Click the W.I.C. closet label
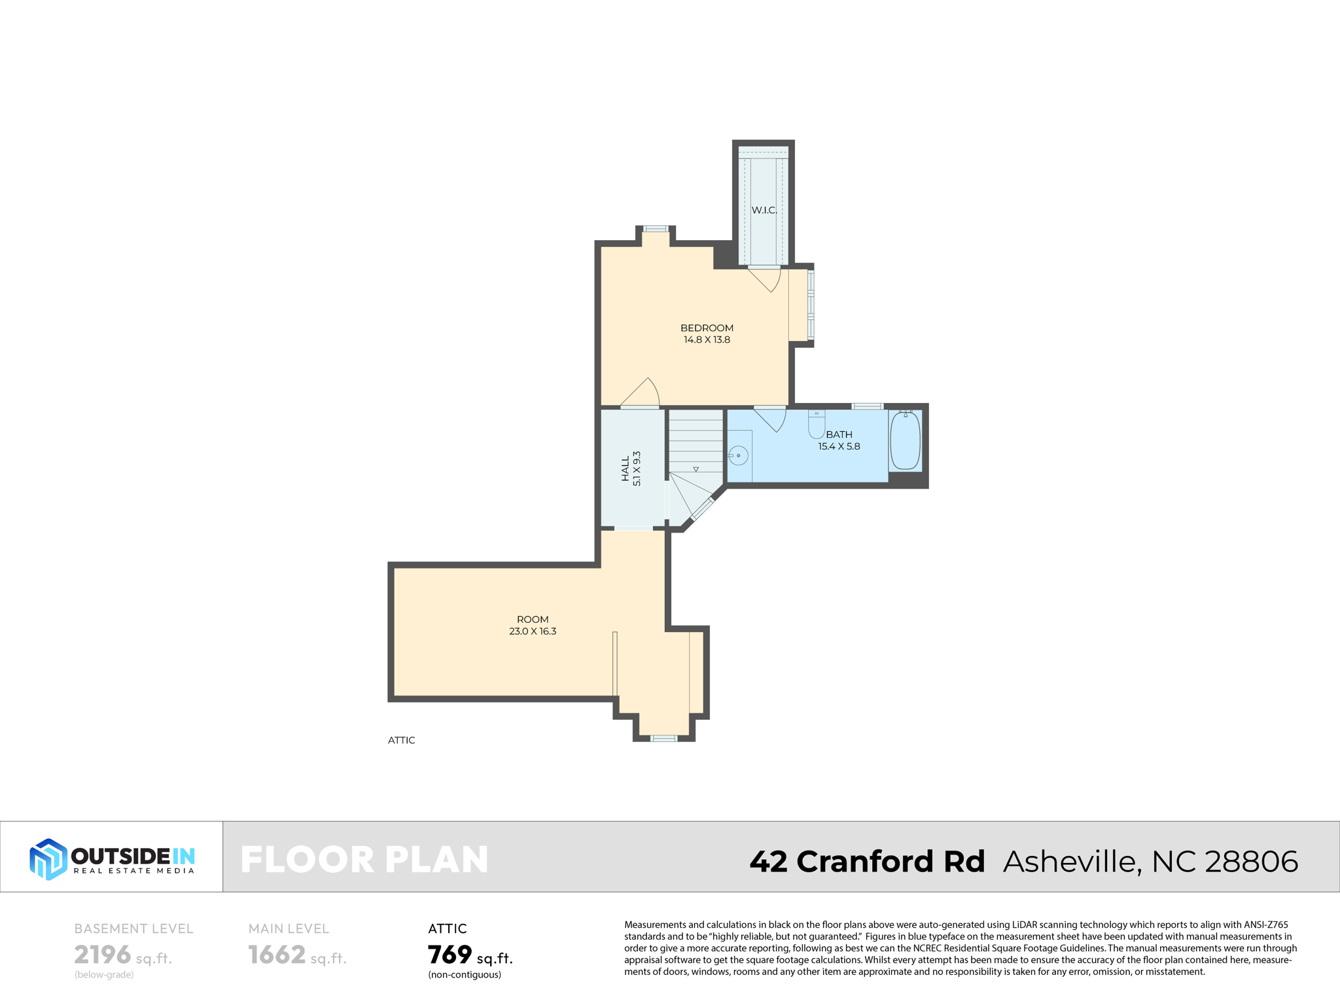coord(764,210)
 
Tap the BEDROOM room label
coord(707,328)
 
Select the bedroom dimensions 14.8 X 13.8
coord(707,340)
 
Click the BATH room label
coord(839,434)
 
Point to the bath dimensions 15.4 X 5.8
coord(839,446)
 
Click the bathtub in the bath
coord(906,440)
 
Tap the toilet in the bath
coord(817,425)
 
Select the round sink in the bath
coord(738,455)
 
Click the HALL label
coord(626,468)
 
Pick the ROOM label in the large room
coord(533,619)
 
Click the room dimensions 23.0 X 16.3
coord(533,631)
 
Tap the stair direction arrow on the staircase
coord(696,469)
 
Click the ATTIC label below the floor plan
coord(401,740)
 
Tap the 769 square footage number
coord(450,955)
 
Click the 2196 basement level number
coord(103,955)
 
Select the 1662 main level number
coord(277,955)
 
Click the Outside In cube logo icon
coord(48,858)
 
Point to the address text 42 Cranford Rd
coord(867,861)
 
